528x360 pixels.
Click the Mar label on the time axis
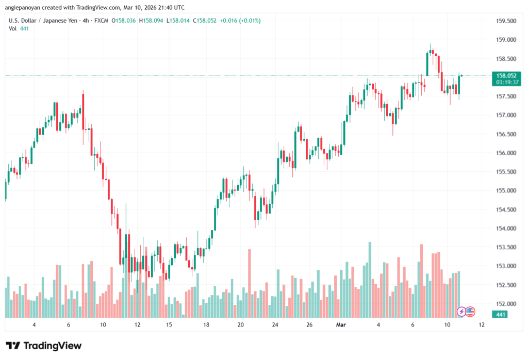[x=341, y=325]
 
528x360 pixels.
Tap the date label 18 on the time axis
[x=206, y=325]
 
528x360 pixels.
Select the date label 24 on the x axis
[x=275, y=325]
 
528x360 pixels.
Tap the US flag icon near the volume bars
[x=470, y=312]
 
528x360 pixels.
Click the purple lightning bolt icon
[x=462, y=312]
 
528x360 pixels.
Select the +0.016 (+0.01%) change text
[x=240, y=21]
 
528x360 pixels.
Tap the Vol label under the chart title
[x=13, y=29]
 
